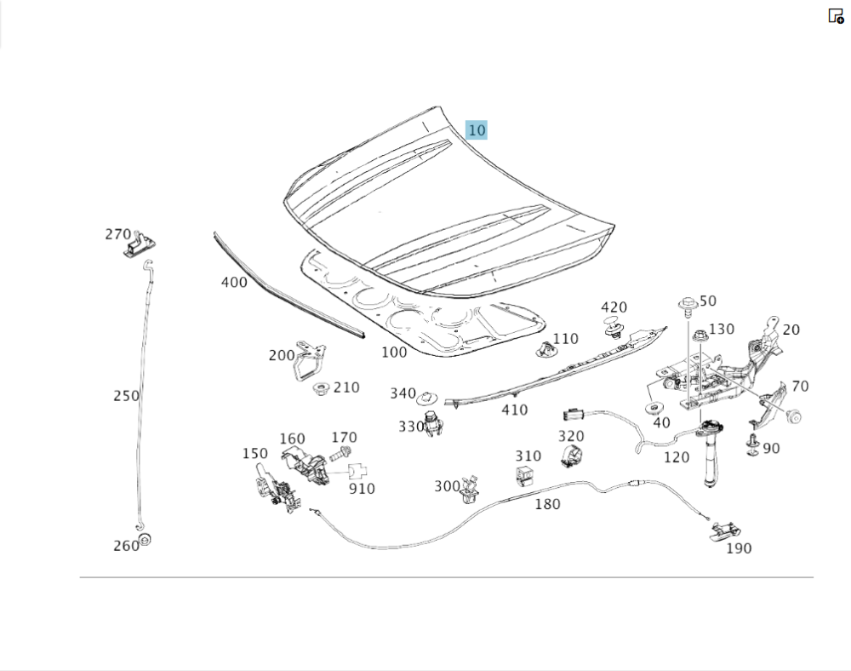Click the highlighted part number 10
pos(477,130)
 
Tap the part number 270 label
pos(117,234)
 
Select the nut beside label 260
pos(145,539)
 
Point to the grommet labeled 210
pos(322,389)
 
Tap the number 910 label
pos(362,489)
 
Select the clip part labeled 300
pos(469,488)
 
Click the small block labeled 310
pos(527,475)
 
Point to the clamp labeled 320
pos(571,456)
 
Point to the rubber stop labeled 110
pos(544,347)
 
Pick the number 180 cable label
pos(547,504)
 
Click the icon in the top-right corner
pos(836,16)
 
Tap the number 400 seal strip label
pos(234,282)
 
